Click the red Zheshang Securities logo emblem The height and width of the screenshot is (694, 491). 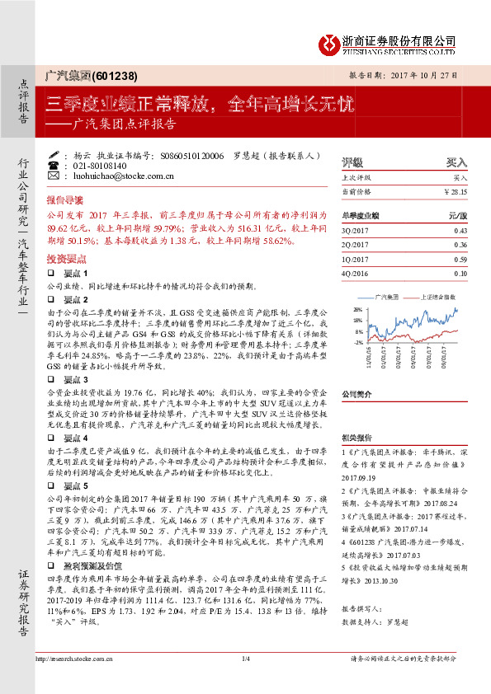click(331, 43)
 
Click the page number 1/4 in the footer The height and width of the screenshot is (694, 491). click(245, 682)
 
